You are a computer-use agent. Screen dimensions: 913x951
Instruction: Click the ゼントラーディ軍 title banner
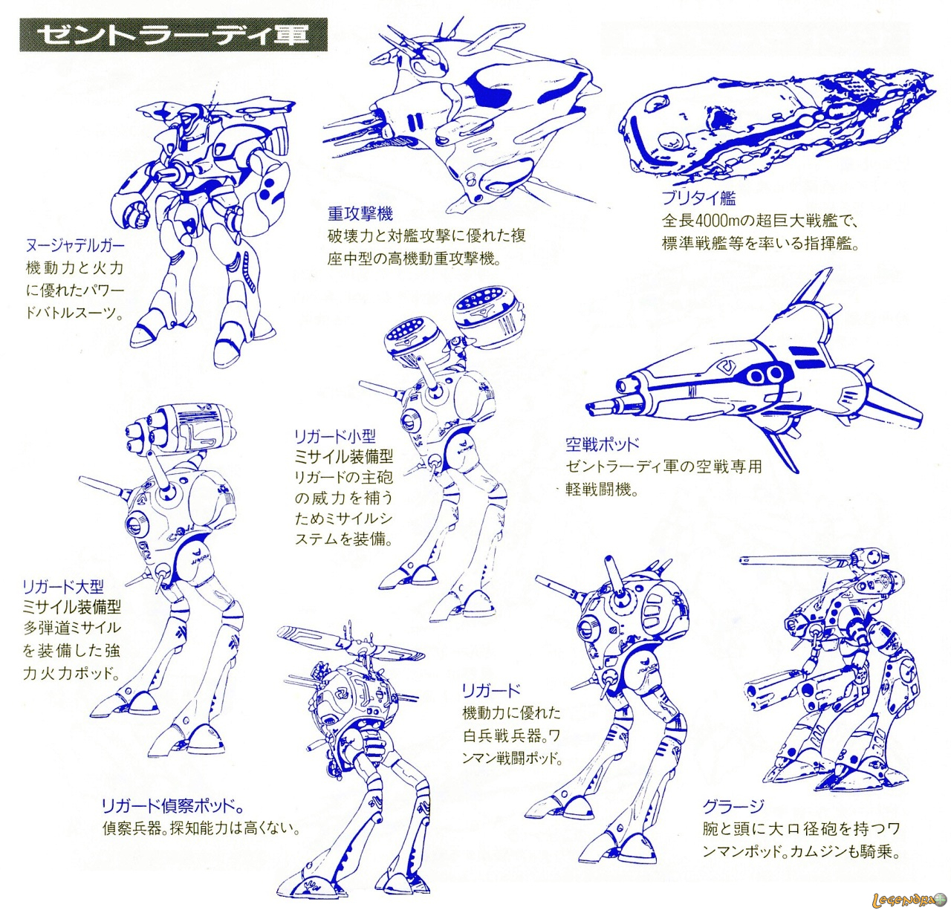[173, 35]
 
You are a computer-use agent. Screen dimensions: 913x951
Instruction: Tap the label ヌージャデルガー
[75, 246]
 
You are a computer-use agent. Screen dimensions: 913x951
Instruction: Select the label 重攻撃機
[360, 214]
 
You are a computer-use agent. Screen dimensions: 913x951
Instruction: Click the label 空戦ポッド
[602, 444]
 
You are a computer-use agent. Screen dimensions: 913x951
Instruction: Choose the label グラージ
[733, 807]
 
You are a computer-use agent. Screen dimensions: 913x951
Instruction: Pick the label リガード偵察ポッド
[172, 806]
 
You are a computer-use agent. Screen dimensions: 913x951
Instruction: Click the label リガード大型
[63, 587]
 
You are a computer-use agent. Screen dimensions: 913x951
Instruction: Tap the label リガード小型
[335, 436]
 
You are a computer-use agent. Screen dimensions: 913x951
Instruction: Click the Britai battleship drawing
[773, 126]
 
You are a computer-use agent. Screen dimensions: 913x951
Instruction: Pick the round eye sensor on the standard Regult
[587, 629]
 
